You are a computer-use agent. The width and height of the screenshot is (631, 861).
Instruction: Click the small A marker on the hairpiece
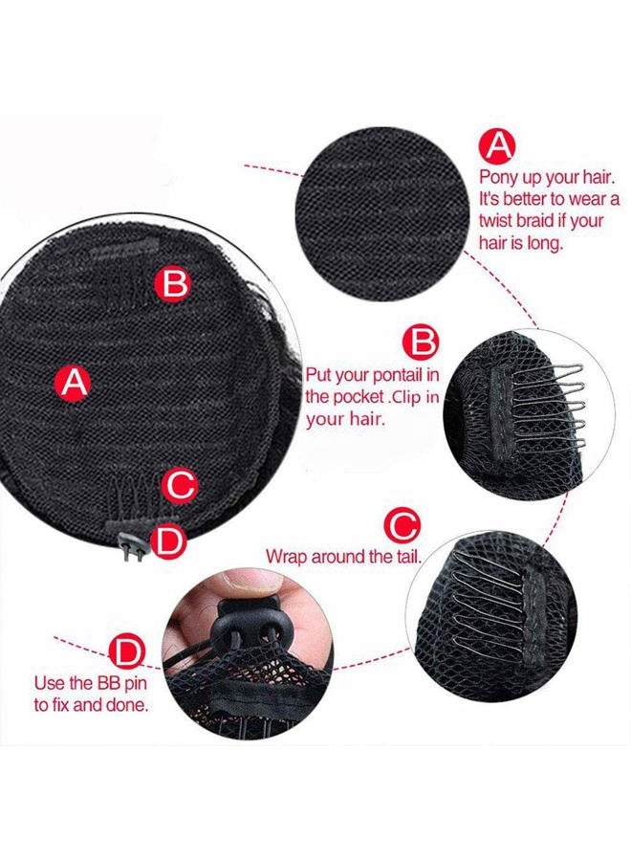(x=74, y=383)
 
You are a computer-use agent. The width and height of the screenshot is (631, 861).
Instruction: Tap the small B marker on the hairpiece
(x=176, y=283)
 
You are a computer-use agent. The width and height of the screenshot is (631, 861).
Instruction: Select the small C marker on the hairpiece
(x=179, y=485)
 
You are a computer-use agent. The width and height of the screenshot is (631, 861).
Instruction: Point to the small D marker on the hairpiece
(x=168, y=541)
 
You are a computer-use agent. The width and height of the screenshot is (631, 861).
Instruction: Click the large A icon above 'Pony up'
(x=498, y=146)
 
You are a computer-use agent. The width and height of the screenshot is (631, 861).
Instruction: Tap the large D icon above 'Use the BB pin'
(x=126, y=653)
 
